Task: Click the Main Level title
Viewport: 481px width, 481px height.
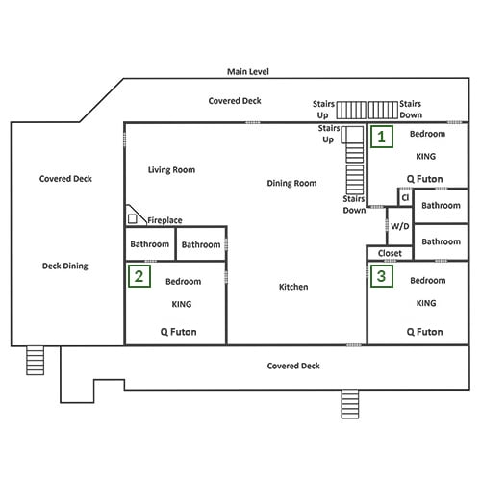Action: point(248,72)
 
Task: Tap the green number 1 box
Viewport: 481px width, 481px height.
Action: point(382,137)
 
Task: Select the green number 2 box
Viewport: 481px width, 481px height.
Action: point(139,276)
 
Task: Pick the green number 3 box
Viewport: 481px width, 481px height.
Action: point(382,276)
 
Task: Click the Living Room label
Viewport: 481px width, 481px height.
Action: point(171,170)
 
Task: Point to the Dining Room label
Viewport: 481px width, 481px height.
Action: point(291,183)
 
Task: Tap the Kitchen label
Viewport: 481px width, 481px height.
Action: point(293,287)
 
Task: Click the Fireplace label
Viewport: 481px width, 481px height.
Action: point(165,220)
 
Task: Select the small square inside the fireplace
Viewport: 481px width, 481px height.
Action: point(133,218)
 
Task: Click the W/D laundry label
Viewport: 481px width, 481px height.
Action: point(400,226)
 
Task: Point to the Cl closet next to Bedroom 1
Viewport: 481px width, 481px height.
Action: point(405,197)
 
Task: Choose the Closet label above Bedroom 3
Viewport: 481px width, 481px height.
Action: point(390,253)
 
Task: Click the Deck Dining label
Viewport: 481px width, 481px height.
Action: point(65,266)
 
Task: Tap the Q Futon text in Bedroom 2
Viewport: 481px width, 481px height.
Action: point(179,332)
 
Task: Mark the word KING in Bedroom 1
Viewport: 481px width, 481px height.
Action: point(426,157)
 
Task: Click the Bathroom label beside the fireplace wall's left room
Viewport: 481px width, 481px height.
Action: point(150,244)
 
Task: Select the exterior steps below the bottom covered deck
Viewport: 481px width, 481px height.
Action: point(350,404)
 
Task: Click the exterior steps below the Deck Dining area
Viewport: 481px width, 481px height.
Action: point(35,361)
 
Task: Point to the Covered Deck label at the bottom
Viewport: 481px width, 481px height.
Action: point(293,366)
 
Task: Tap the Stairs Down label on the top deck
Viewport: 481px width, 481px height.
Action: point(411,110)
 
